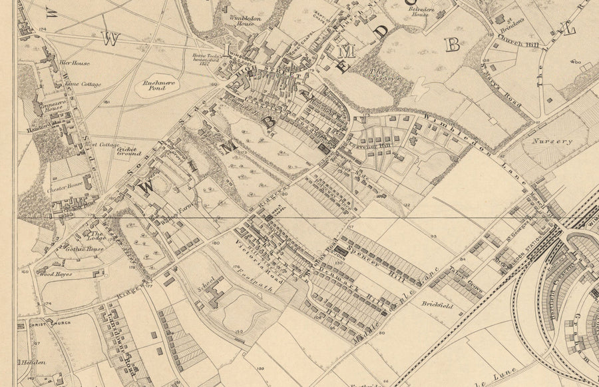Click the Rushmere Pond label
[154, 85]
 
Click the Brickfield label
[437, 304]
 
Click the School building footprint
[220, 294]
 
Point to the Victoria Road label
[244, 257]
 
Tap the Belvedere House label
[419, 10]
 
